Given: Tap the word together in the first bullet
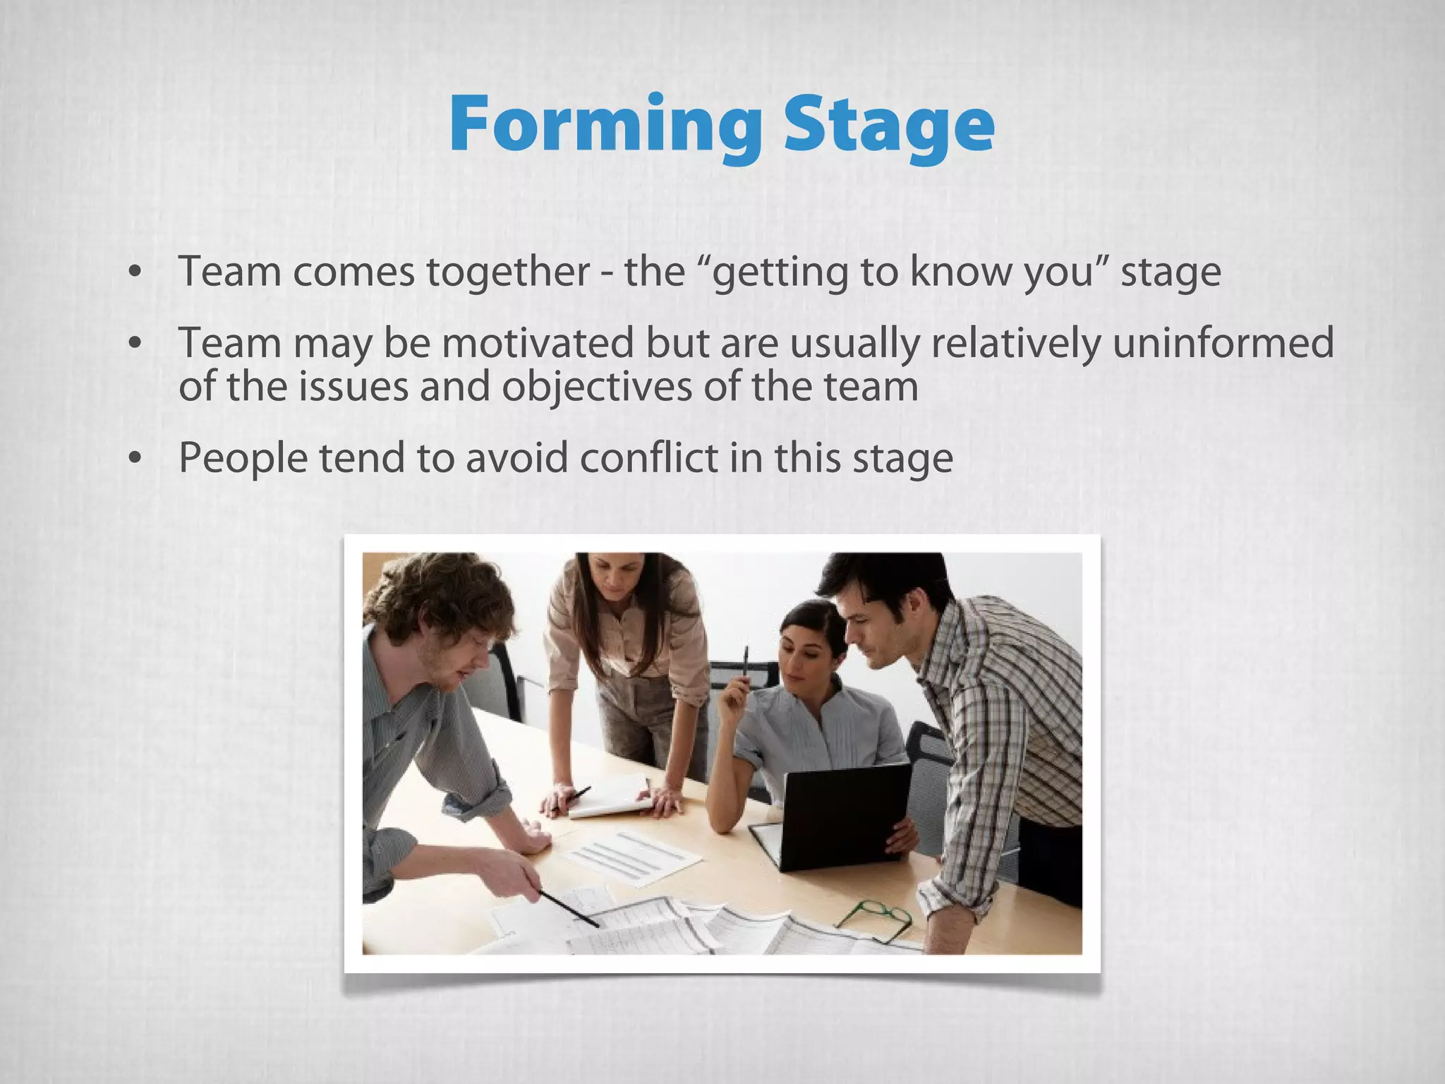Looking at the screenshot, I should click(x=508, y=272).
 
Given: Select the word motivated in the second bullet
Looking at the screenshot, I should click(x=538, y=344).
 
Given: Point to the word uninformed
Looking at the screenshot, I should click(x=1223, y=344).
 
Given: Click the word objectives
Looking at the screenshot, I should click(x=597, y=387).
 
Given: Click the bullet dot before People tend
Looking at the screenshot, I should click(x=135, y=459).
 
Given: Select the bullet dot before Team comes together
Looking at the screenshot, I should click(x=135, y=273).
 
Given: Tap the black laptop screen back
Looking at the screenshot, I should click(x=847, y=815).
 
